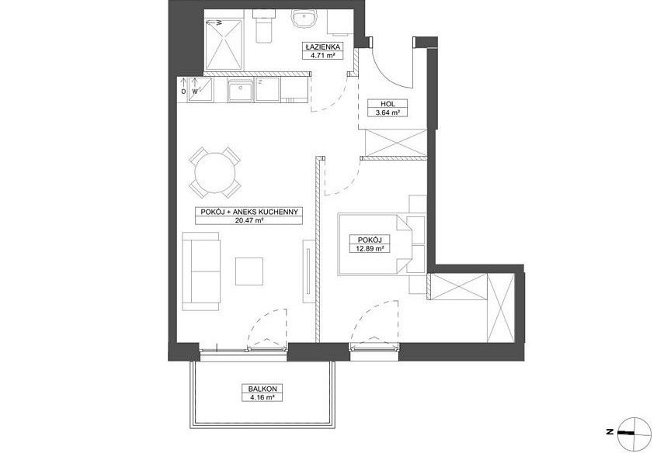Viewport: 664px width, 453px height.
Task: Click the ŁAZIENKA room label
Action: tap(322, 47)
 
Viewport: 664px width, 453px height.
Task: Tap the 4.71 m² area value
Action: tap(322, 54)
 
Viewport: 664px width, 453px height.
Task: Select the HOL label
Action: tap(388, 104)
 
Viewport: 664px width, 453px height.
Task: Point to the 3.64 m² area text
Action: tap(388, 112)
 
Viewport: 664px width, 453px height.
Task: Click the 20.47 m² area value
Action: tap(249, 220)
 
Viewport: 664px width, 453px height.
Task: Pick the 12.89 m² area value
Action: tap(370, 249)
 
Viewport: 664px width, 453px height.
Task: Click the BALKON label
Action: tap(262, 389)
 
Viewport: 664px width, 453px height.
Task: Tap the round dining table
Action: tap(215, 172)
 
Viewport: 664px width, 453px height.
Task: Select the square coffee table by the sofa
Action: tap(249, 271)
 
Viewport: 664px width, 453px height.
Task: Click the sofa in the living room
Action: tap(201, 271)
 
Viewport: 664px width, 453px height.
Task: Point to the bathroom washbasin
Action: tap(303, 19)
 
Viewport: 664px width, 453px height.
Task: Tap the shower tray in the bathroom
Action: tap(224, 44)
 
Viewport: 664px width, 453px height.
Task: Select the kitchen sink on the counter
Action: tap(240, 91)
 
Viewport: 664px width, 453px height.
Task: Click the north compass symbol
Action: tap(634, 433)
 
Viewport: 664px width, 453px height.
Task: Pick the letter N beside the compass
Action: tap(610, 432)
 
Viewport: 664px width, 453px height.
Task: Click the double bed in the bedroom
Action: tap(375, 245)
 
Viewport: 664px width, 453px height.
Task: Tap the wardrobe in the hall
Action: tap(395, 143)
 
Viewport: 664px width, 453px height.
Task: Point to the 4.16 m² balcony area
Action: tap(262, 397)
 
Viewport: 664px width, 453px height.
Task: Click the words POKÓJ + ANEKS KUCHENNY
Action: tap(249, 212)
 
